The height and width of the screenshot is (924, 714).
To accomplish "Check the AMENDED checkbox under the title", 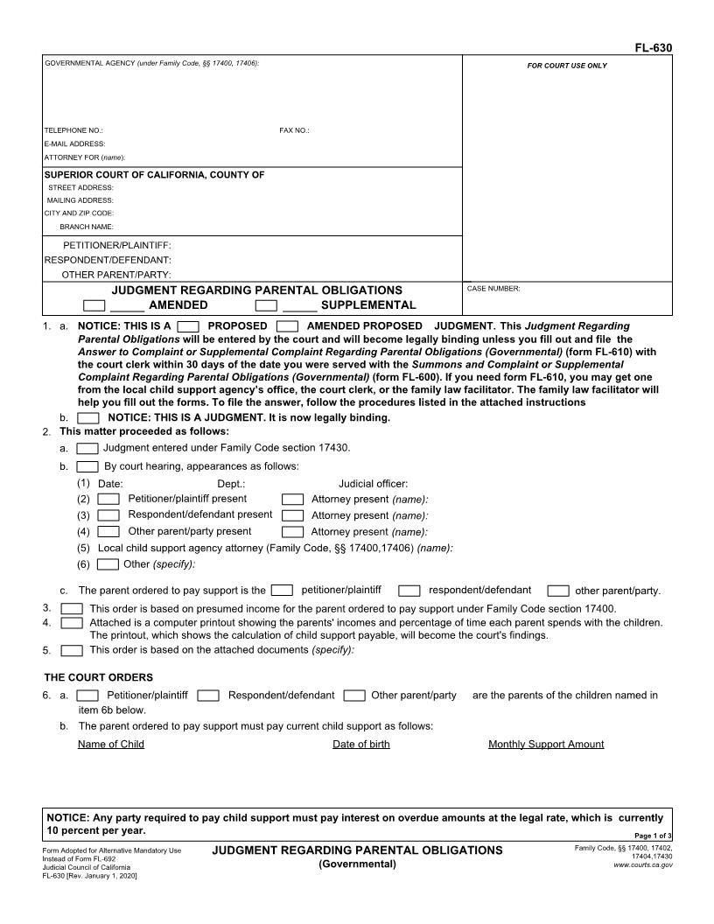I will click(94, 305).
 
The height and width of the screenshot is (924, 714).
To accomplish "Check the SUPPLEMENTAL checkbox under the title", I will click(266, 305).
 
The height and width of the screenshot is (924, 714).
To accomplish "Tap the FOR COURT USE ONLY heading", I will click(566, 66).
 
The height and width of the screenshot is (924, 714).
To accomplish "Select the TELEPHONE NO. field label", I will click(73, 130).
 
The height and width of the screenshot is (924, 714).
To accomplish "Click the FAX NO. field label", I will click(294, 130).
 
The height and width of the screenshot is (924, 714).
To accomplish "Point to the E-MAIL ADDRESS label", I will click(74, 143).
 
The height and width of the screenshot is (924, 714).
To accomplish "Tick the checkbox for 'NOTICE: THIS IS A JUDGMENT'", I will click(88, 417).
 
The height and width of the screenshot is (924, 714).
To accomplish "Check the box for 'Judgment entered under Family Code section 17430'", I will click(87, 448).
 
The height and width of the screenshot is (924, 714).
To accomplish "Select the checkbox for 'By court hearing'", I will click(87, 466).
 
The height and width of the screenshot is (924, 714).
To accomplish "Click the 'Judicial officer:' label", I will click(373, 483).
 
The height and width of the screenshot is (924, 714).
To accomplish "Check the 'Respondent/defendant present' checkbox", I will click(108, 515).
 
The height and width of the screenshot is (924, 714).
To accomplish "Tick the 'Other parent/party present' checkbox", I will click(108, 531).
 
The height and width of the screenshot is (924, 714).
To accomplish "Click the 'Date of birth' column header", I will click(360, 744).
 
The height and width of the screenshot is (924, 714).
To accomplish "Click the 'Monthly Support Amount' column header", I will click(545, 744).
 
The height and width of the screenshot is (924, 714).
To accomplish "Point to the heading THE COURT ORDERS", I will click(98, 677).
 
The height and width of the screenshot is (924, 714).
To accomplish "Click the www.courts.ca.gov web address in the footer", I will click(643, 864).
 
